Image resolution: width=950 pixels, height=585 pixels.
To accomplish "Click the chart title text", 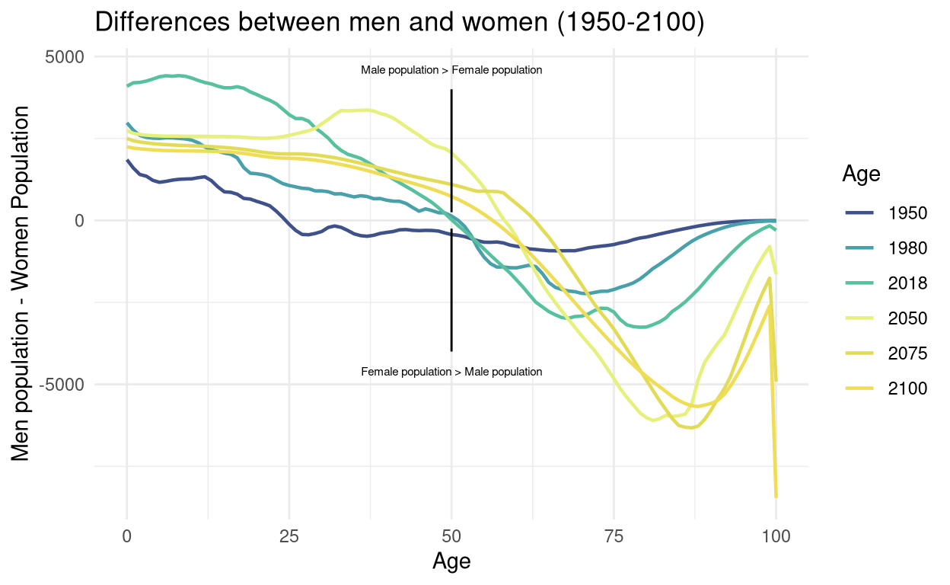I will (399, 23).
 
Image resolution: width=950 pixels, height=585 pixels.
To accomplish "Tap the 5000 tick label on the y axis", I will (69, 57).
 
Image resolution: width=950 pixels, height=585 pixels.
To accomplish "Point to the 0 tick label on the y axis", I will (78, 221).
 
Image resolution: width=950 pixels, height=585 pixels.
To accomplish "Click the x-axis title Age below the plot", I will (451, 562).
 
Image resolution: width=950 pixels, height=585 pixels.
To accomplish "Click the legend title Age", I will (861, 174).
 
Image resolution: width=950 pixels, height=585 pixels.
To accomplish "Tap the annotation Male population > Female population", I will (451, 70).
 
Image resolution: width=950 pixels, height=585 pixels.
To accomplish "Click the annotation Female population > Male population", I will (451, 372).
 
